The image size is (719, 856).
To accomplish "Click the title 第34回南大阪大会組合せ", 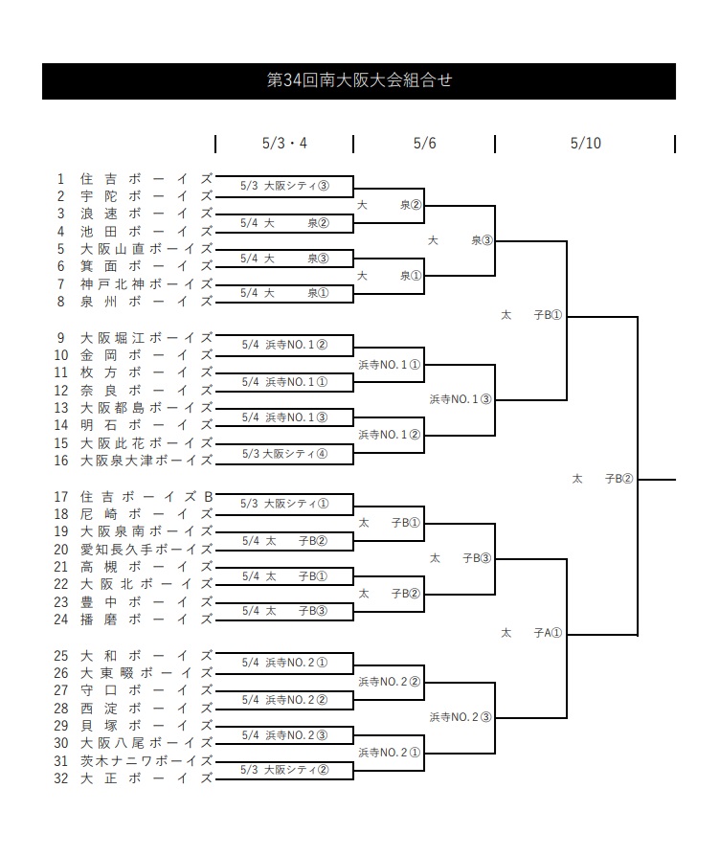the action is click(x=359, y=80).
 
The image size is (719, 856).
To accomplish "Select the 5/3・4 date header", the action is click(x=284, y=144).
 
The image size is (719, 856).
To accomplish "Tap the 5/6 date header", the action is click(x=424, y=144).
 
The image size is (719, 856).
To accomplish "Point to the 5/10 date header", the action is click(x=585, y=144).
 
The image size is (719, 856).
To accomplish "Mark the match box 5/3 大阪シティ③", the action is click(x=284, y=186).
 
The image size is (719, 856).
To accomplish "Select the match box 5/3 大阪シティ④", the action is click(x=284, y=454).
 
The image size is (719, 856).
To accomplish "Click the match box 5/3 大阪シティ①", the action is click(x=284, y=504).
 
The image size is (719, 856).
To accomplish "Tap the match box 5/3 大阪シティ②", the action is click(x=284, y=770).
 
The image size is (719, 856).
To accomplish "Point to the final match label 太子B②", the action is click(x=602, y=479).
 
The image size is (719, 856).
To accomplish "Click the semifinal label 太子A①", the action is click(x=531, y=633).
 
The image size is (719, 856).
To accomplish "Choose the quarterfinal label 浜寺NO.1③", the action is click(x=461, y=399).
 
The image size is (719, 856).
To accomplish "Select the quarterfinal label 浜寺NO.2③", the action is click(x=461, y=717).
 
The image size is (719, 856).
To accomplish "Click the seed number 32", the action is click(x=61, y=778).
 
